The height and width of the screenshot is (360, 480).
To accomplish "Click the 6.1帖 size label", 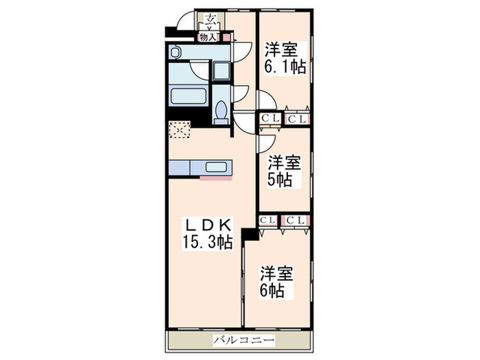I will [285, 68].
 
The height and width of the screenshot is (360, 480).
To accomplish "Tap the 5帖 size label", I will [280, 180].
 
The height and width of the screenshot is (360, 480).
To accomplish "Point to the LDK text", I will [208, 225].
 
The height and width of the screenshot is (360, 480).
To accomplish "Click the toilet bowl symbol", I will [221, 110].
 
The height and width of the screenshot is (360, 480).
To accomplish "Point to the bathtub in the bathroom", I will [189, 94].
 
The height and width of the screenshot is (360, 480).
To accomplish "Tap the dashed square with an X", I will [180, 130].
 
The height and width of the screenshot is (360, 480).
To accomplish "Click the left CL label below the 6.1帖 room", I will [268, 119].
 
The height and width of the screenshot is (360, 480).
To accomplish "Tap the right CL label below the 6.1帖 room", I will [297, 119].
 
